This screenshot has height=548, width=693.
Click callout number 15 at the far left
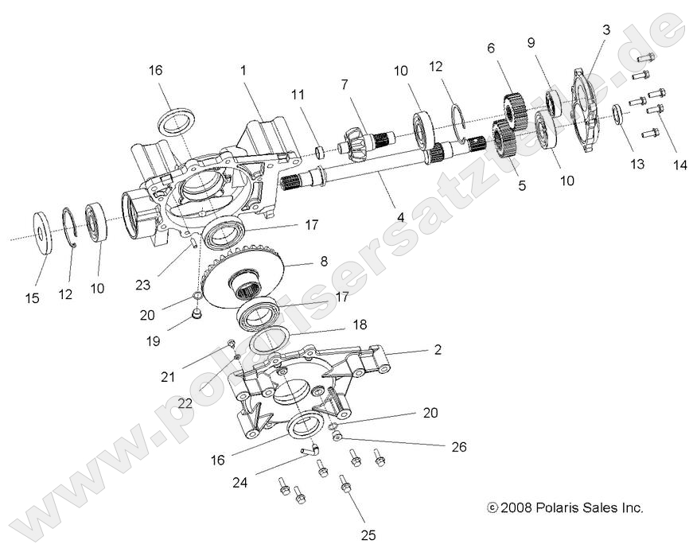[x=32, y=298]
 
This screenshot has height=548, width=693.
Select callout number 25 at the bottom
[x=368, y=534]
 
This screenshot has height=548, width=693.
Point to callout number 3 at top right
[x=606, y=30]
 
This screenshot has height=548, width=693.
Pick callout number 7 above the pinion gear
[x=344, y=84]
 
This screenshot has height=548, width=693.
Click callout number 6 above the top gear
[x=491, y=49]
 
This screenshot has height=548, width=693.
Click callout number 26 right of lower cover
[x=458, y=447]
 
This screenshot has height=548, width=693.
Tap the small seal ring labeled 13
[x=617, y=112]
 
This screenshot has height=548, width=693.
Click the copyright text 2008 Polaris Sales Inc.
[x=566, y=507]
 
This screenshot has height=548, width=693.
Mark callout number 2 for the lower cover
[x=438, y=349]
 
